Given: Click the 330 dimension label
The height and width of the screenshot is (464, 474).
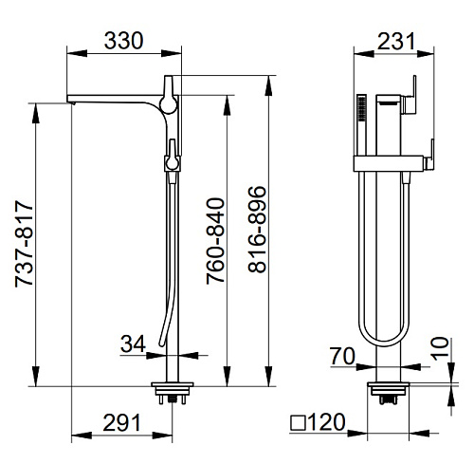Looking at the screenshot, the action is (123, 41).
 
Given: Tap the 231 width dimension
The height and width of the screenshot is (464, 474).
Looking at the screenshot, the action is (396, 41).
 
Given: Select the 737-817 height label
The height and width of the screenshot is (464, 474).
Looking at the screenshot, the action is (24, 244).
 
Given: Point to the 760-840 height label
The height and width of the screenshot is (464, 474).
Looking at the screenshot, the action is (215, 241).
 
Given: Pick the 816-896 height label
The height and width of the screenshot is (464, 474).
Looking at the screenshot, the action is (257, 230).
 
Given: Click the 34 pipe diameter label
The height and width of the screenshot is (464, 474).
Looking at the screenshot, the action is (133, 343).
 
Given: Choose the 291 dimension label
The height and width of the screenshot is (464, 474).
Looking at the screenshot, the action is (121, 423).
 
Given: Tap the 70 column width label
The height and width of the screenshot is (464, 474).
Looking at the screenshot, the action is (342, 356).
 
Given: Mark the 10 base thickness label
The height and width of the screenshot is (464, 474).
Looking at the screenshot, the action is (441, 348).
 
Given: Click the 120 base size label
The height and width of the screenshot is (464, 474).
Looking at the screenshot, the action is (326, 422).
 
